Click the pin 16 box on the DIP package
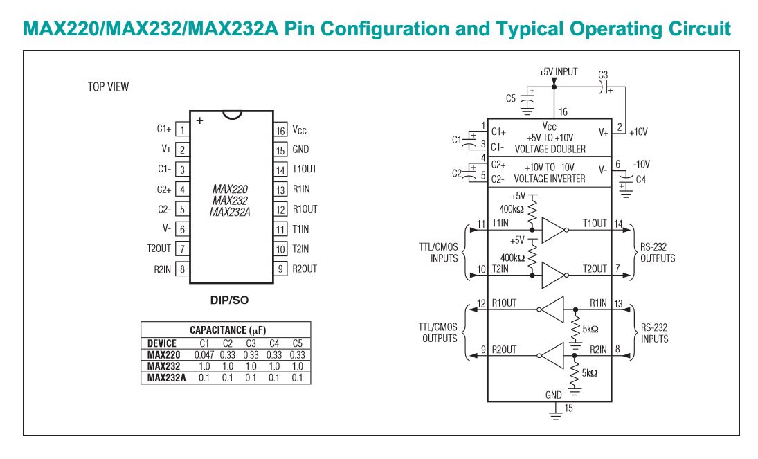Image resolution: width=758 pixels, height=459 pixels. coord(280,129)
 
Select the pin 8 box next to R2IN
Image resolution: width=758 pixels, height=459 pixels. coord(182,269)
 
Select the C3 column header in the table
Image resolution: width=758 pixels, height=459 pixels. coord(250,343)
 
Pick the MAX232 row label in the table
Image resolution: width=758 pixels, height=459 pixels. coord(163,366)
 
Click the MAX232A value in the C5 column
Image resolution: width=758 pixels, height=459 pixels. coord(297,378)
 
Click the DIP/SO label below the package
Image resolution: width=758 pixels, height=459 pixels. coord(229,300)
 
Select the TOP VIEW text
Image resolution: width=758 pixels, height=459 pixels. coord(108,87)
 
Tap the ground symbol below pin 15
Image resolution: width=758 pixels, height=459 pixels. coord(554,414)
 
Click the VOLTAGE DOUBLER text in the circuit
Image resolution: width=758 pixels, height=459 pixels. coord(554,149)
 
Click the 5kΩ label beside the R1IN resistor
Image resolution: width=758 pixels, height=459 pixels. coord(590,330)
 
